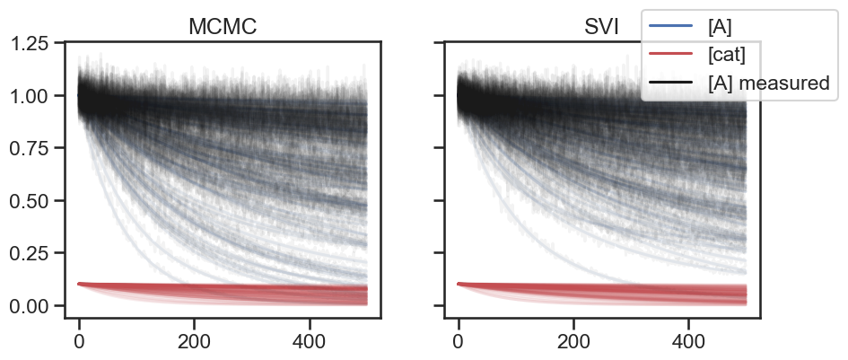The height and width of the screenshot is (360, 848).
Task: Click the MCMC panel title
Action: click(223, 27)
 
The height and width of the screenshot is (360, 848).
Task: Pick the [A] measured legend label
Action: click(768, 83)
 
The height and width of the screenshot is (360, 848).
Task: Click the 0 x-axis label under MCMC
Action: click(79, 341)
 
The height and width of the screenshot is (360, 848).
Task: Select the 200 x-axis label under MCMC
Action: click(194, 341)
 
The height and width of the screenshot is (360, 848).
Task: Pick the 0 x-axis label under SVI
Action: click(459, 341)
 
